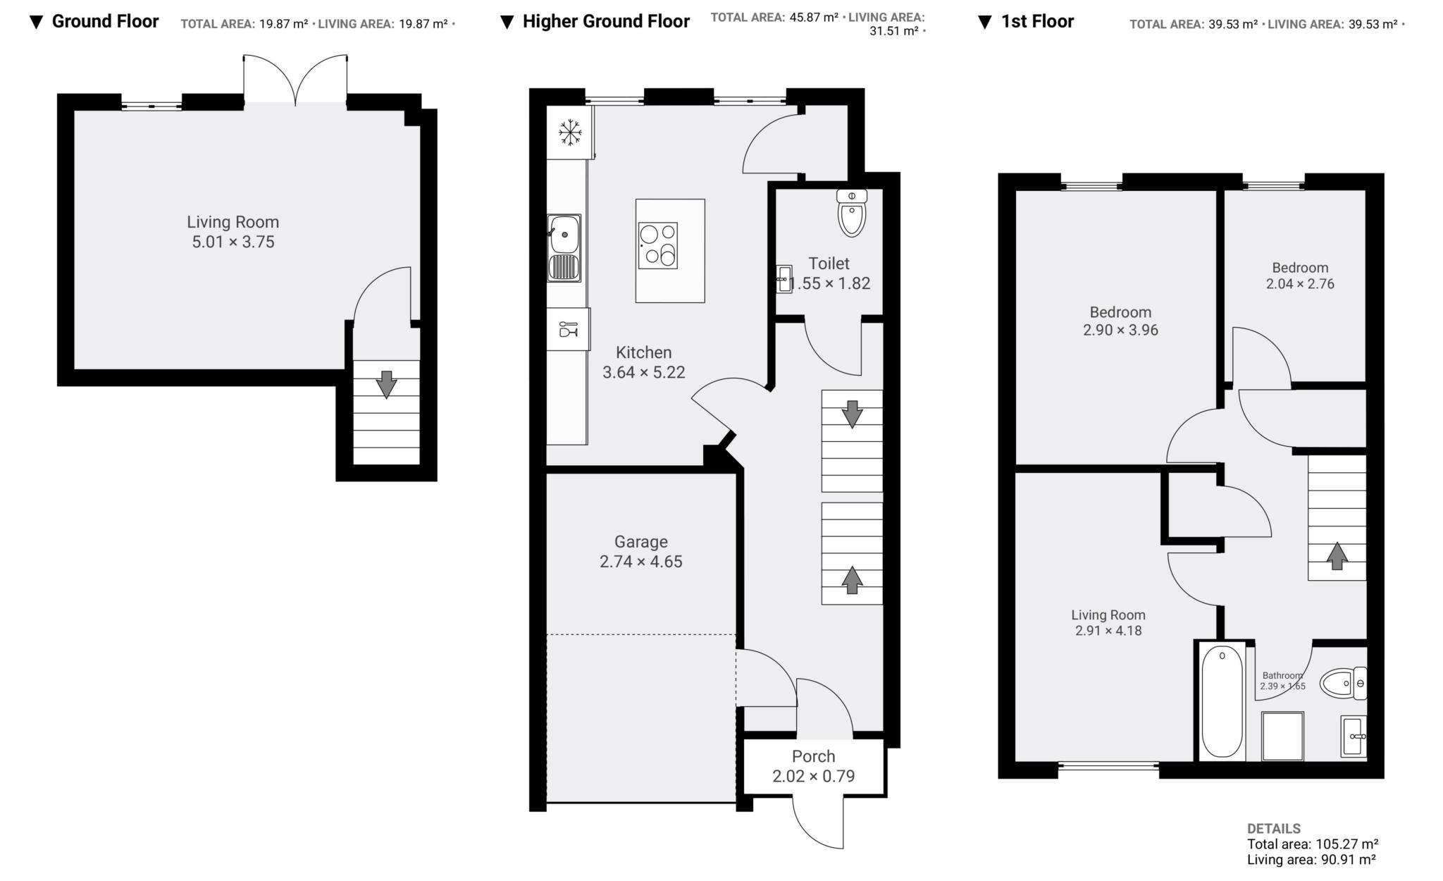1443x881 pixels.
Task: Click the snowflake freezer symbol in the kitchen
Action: [570, 132]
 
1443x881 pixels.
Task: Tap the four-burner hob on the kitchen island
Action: [657, 245]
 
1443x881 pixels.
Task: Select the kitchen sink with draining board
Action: [564, 248]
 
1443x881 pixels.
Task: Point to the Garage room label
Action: [640, 541]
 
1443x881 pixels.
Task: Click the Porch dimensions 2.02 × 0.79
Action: [813, 776]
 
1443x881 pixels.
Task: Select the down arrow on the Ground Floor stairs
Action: [386, 384]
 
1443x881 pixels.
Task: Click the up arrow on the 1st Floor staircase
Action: [1337, 555]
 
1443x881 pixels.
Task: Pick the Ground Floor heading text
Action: [105, 21]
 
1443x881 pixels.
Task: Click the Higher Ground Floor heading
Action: [605, 21]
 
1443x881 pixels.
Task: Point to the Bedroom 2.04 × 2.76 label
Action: [1300, 276]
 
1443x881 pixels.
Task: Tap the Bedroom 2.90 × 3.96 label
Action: [1120, 321]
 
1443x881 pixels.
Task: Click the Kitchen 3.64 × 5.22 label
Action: [643, 362]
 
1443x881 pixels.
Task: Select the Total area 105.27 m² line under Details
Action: [1312, 844]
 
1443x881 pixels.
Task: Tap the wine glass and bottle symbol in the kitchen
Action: [568, 328]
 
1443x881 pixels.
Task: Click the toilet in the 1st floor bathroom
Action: [1343, 683]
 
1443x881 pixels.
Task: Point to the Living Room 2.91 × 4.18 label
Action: [1108, 622]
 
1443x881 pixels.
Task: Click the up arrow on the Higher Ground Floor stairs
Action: [852, 580]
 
